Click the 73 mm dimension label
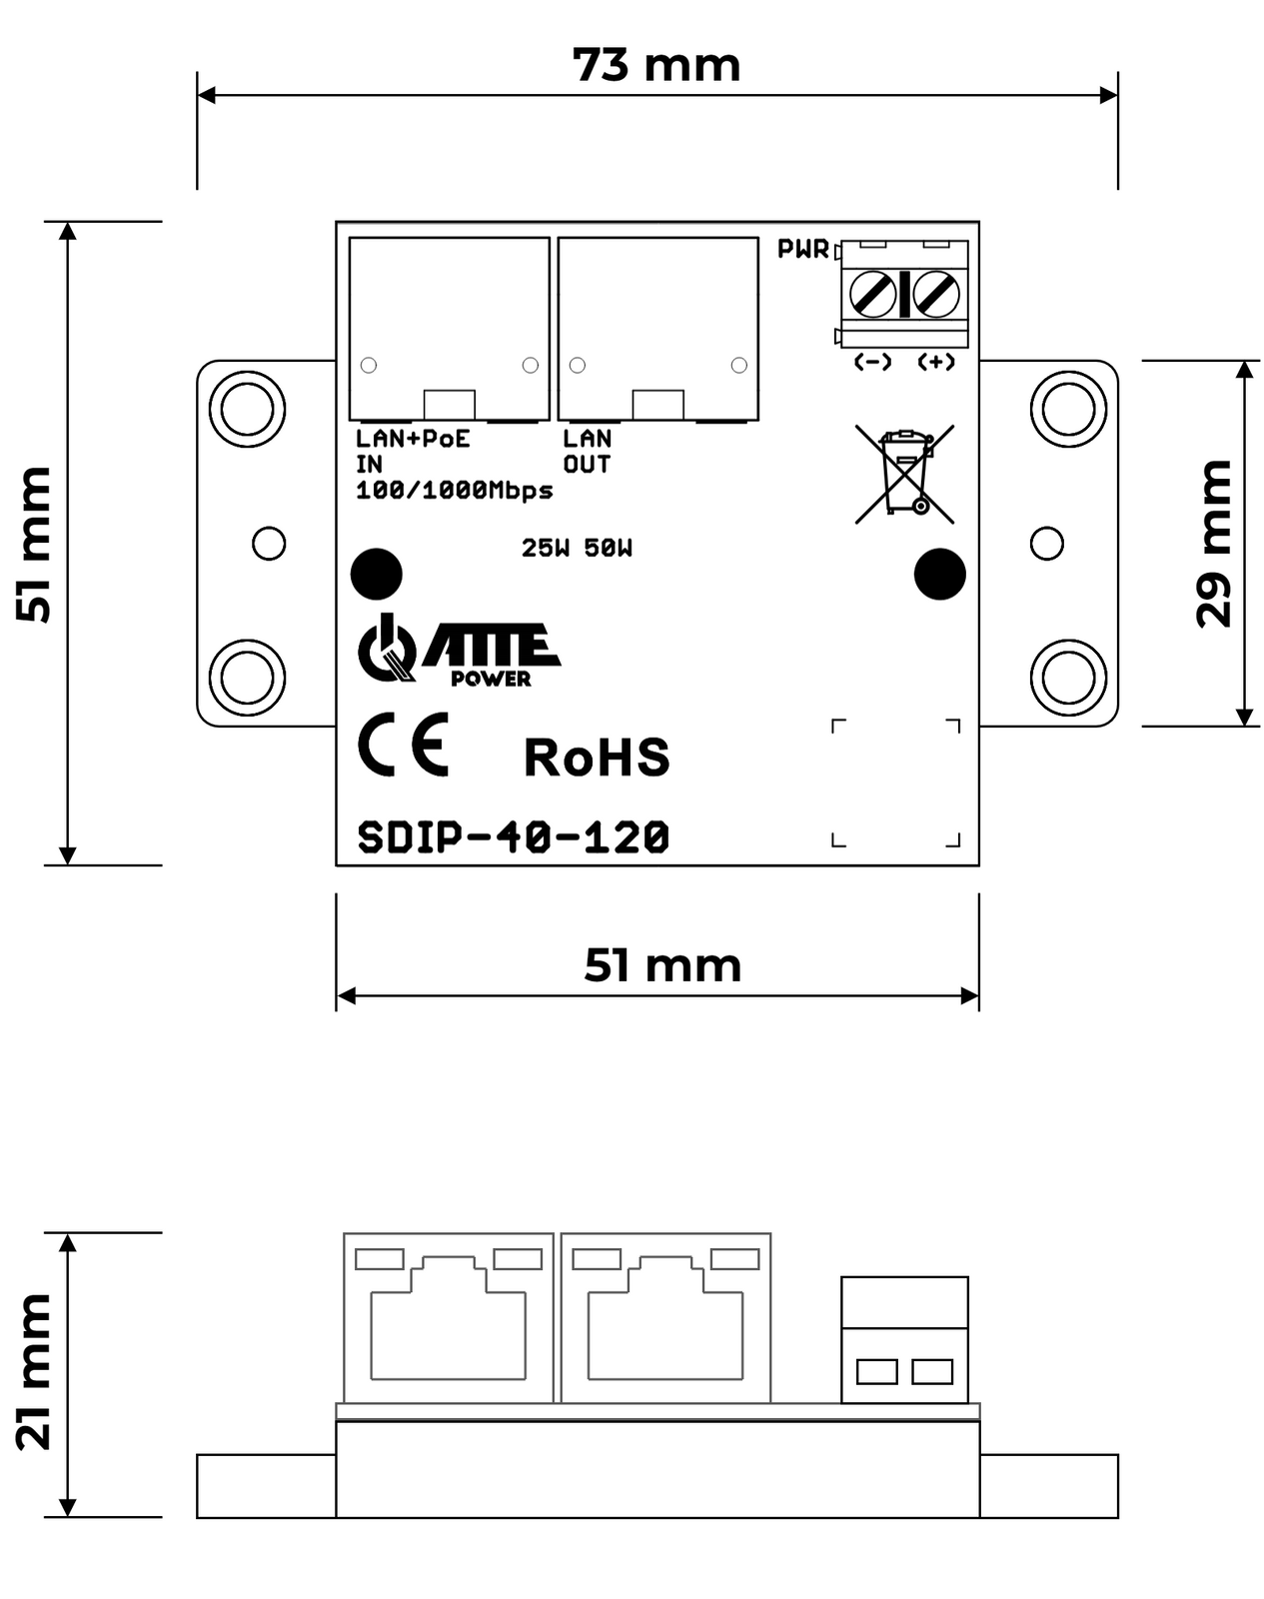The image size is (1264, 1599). (656, 66)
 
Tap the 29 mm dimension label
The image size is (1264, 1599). (1214, 544)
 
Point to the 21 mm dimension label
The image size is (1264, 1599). (35, 1371)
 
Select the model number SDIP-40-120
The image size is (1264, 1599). (513, 837)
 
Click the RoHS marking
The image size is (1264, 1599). (597, 758)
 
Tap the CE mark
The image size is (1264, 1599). (404, 745)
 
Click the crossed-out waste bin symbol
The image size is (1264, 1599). (904, 474)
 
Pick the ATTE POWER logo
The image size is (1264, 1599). (459, 652)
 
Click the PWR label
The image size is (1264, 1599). (803, 249)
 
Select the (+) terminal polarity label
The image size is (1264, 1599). (936, 362)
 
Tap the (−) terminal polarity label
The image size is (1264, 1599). (872, 362)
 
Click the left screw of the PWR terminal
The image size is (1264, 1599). (872, 295)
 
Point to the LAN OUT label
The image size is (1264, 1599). (587, 451)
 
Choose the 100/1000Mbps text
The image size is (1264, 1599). (455, 491)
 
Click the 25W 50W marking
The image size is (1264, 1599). (577, 548)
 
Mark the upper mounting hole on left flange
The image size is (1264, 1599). (247, 409)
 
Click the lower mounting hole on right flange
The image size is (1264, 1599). (1068, 677)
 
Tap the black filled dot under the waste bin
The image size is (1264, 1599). (939, 575)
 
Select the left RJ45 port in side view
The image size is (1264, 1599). (448, 1317)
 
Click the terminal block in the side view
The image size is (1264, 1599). (904, 1339)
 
